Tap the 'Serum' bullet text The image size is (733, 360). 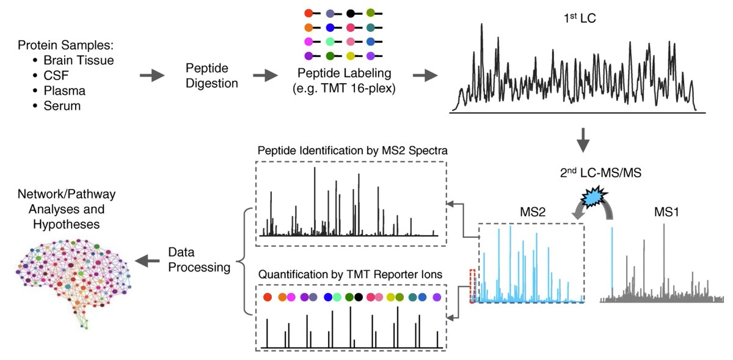[68, 106]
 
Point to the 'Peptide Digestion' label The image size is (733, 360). [211, 76]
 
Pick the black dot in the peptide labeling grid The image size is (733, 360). [350, 13]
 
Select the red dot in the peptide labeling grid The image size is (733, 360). [308, 13]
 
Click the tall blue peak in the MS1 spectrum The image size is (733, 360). [612, 263]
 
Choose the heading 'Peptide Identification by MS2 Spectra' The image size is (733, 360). [349, 150]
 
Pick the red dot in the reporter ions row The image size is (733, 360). [267, 298]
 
